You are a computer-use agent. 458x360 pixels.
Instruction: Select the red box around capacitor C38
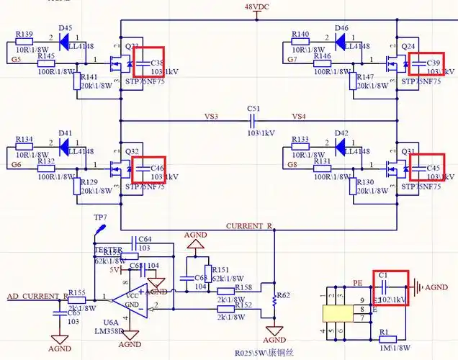coord(148,62)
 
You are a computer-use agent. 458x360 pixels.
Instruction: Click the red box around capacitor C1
coord(390,288)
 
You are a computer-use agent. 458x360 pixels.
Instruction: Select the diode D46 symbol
coord(341,37)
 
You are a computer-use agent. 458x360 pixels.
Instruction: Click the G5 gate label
coord(15,60)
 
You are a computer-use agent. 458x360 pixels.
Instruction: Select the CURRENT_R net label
coord(249,226)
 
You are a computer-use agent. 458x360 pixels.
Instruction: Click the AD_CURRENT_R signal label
coord(36,296)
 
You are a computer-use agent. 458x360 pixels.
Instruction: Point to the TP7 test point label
coord(100,217)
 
